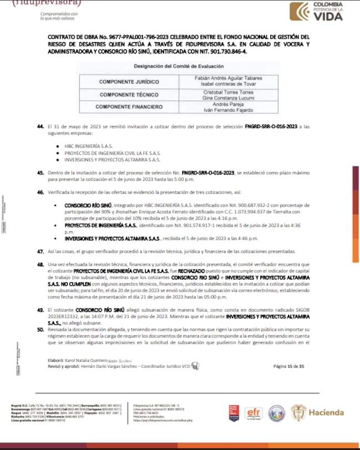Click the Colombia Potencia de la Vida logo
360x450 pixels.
318,12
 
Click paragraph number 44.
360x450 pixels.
40,127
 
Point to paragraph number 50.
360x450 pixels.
40,329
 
